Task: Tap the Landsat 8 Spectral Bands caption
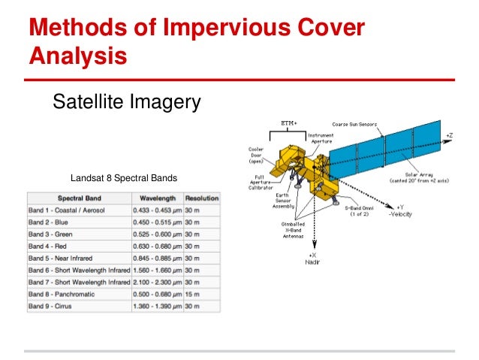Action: click(124, 179)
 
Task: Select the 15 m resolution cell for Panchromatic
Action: click(192, 294)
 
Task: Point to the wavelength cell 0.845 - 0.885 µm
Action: click(157, 257)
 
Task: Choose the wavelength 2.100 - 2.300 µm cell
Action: click(157, 282)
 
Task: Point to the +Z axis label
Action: click(449, 135)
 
